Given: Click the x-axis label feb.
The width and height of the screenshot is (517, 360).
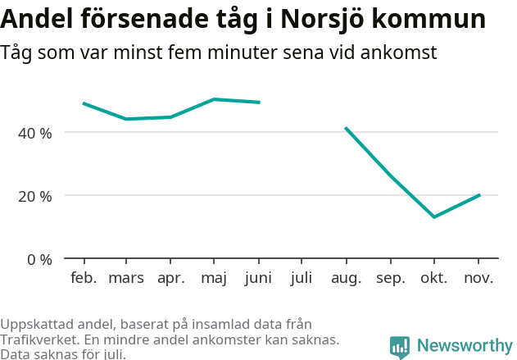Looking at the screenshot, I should [84, 278].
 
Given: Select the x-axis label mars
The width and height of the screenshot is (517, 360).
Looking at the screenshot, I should [126, 278].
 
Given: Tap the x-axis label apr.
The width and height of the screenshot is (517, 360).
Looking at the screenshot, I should [170, 278].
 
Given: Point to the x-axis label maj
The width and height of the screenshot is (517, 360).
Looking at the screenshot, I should [214, 278].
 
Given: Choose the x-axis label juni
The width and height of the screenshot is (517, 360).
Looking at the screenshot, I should [258, 278].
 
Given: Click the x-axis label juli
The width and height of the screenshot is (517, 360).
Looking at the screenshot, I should [302, 278].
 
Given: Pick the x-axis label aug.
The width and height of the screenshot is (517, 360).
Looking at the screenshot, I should [346, 278].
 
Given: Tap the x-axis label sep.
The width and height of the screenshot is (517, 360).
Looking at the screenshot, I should [390, 278].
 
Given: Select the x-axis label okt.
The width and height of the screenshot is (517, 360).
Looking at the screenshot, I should [433, 278].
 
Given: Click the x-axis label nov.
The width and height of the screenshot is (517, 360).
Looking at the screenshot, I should [478, 278].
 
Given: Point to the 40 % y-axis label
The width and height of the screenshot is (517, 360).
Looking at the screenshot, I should [35, 133].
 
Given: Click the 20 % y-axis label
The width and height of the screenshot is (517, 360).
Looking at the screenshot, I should [35, 196].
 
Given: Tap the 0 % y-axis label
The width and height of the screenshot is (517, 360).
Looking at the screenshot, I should [39, 259].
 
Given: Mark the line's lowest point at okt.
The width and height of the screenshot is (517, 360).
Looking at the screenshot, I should [433, 217].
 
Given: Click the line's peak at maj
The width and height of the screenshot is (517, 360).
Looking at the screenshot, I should [214, 99].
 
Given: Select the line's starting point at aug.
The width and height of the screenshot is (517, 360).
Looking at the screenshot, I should [346, 128].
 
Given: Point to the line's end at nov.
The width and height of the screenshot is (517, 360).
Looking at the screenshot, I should [479, 195].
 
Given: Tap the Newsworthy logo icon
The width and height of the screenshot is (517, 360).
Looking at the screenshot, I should [399, 347].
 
